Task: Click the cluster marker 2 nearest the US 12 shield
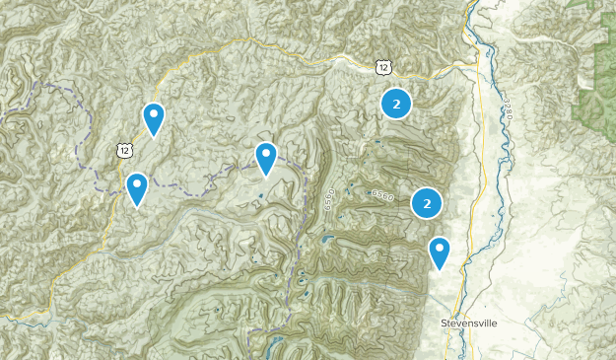(x=396, y=103)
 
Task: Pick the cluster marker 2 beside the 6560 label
(x=427, y=203)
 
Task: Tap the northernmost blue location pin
(x=154, y=117)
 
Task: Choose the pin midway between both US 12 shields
(x=266, y=157)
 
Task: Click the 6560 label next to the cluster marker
(x=383, y=196)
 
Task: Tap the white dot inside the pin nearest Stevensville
(x=440, y=248)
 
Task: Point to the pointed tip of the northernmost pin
(x=154, y=136)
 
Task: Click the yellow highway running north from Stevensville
(x=480, y=197)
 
